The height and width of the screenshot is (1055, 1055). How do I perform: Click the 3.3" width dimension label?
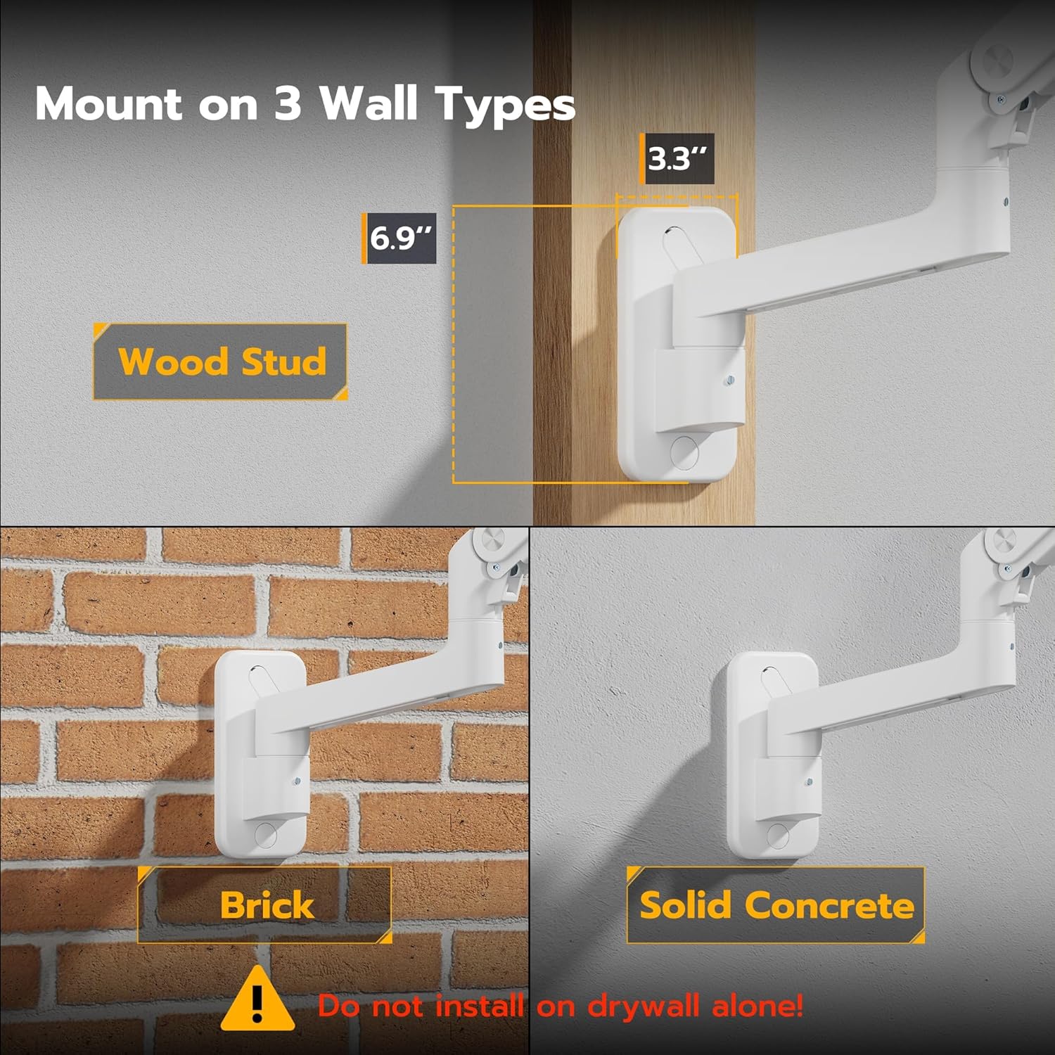(679, 159)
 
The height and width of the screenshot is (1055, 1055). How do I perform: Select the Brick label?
(265, 904)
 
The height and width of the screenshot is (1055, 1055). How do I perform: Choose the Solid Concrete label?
(776, 904)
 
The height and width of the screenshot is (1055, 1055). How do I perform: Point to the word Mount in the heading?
(108, 104)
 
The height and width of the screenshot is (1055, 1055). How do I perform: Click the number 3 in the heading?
(288, 104)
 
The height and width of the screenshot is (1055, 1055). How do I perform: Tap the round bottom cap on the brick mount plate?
(266, 835)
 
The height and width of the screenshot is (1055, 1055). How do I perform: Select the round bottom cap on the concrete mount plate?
(778, 835)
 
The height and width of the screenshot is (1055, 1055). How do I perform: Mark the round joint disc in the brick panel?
(487, 543)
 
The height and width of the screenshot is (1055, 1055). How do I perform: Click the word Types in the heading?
(505, 104)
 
